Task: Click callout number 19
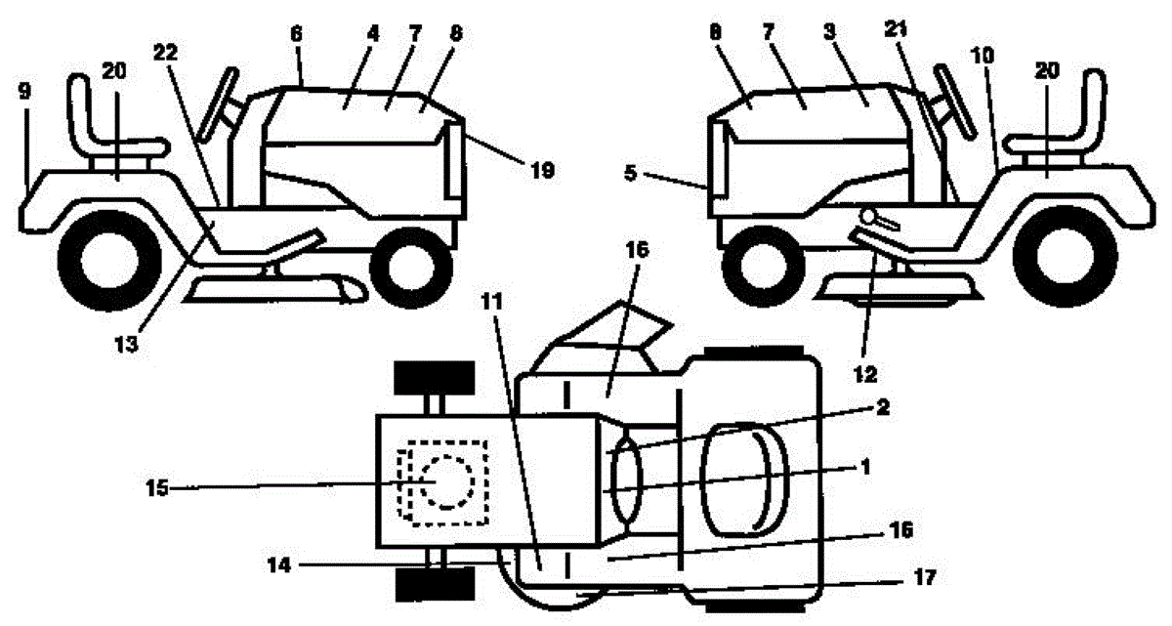[544, 171]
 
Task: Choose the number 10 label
[984, 57]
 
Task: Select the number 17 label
[925, 578]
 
